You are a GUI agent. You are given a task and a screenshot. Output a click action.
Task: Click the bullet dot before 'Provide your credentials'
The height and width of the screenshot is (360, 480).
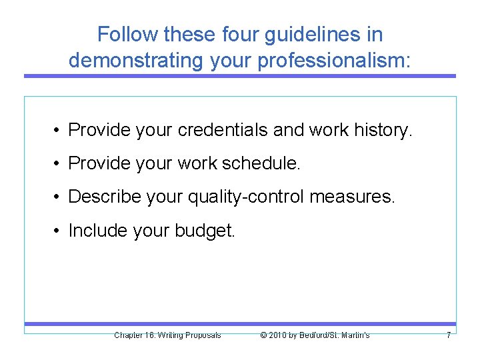coord(59,130)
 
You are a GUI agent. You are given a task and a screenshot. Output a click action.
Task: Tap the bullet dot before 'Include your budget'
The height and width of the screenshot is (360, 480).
coord(59,230)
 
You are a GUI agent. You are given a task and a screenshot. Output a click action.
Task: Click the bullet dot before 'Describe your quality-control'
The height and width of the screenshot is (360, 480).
coord(59,197)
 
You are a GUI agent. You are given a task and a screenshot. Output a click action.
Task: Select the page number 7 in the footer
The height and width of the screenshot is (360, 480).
coord(449,335)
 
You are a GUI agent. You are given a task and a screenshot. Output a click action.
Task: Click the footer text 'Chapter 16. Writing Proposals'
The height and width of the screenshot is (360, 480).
coord(167,335)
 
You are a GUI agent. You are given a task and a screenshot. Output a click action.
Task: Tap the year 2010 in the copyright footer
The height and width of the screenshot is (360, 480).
coord(278,335)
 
